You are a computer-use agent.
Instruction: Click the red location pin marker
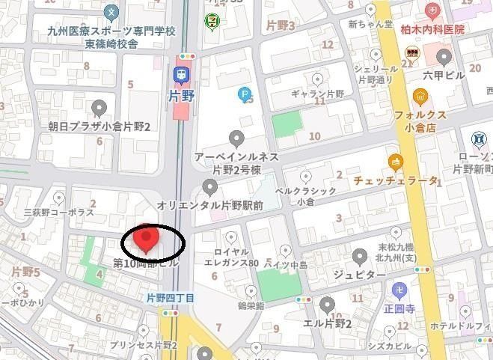click(147, 237)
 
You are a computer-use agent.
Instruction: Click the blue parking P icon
click(244, 94)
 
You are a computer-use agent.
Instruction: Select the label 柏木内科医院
click(432, 29)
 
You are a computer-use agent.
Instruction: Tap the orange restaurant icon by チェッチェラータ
click(396, 161)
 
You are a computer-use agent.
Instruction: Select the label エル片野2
click(327, 323)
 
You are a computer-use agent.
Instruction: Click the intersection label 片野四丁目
click(171, 298)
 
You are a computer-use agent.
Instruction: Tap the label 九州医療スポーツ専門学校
click(111, 31)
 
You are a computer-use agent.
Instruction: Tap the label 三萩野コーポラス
click(58, 213)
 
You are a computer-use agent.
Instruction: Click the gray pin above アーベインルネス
click(236, 138)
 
